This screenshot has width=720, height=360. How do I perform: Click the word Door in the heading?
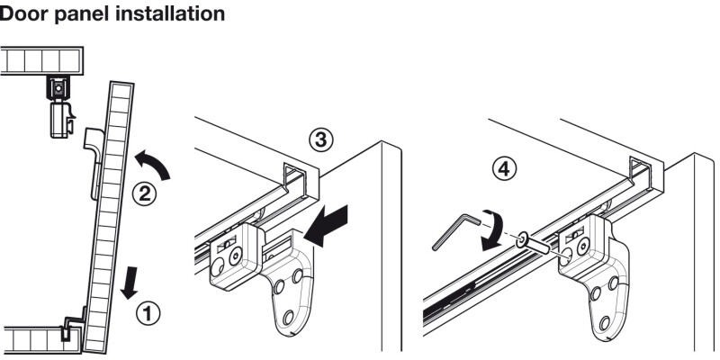[x=23, y=13]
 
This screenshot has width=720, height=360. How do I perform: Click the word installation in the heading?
[x=170, y=13]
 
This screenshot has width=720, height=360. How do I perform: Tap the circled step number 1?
[x=148, y=314]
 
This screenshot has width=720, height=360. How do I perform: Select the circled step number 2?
[x=144, y=194]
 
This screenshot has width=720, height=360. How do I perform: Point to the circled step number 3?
[x=320, y=140]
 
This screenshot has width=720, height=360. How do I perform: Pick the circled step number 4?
[x=504, y=168]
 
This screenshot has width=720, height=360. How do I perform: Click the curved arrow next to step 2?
[x=154, y=164]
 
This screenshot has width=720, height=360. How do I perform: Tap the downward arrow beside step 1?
[x=130, y=283]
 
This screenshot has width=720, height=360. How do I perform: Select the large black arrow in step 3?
[x=326, y=224]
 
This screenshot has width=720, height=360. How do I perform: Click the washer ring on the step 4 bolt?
[x=523, y=239]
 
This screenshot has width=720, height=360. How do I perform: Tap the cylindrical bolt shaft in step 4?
[x=538, y=247]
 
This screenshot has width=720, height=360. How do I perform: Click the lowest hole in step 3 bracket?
[x=288, y=318]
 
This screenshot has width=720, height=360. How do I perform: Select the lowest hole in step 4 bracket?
[x=605, y=322]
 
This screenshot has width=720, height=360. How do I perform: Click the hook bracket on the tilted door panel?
[x=95, y=161]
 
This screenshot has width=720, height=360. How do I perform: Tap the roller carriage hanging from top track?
[x=60, y=107]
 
